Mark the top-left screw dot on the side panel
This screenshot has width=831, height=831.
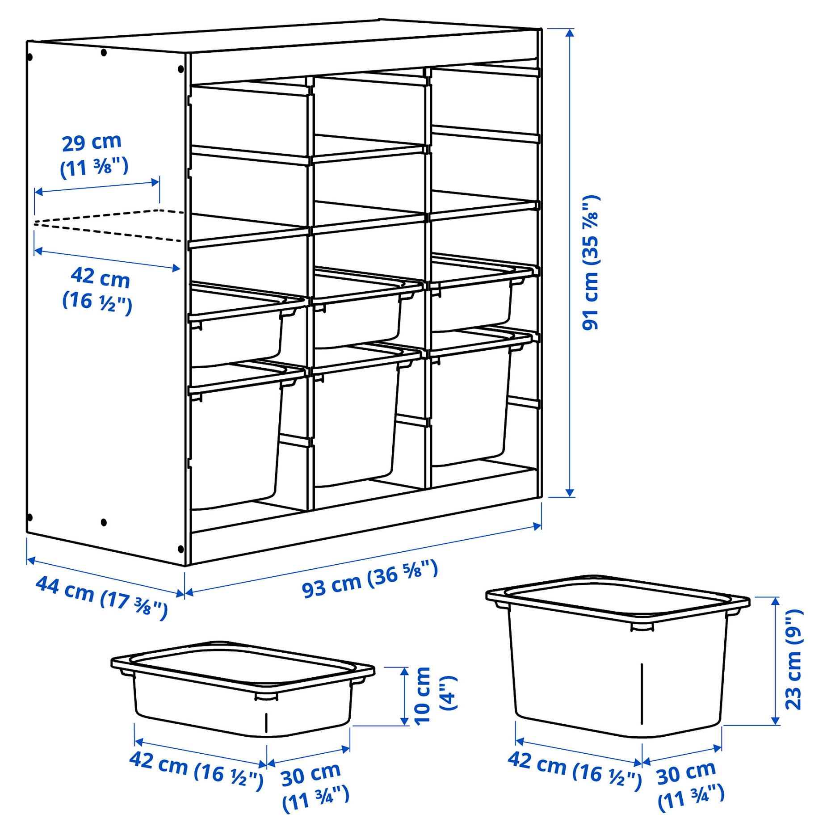(30, 57)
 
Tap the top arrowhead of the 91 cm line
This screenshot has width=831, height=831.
(569, 33)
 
